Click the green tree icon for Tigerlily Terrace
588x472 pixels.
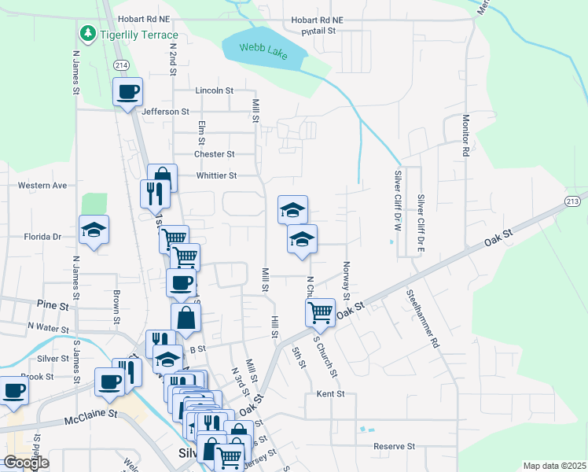87,34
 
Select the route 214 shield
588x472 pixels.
120,64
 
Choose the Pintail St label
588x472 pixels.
319,31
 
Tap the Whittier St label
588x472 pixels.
216,175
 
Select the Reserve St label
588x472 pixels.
394,446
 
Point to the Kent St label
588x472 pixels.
331,393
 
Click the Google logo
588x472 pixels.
26,462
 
